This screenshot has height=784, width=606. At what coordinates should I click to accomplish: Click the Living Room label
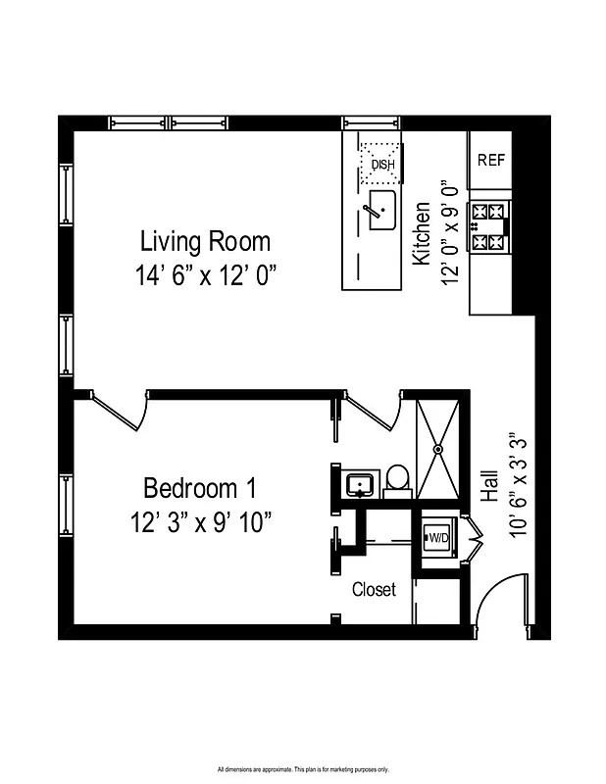205,240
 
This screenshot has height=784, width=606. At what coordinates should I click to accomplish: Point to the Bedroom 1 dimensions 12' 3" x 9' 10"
201,521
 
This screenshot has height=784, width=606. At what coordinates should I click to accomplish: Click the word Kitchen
422,234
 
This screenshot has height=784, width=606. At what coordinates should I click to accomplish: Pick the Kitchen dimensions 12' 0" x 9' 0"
451,233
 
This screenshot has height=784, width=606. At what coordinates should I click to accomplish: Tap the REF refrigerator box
491,160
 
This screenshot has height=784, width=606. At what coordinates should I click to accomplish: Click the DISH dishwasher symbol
382,161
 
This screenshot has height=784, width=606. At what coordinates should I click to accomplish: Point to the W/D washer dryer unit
435,537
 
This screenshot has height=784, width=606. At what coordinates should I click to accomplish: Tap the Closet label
375,589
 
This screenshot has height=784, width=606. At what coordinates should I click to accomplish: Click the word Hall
491,485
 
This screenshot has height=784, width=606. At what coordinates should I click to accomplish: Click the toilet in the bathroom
397,478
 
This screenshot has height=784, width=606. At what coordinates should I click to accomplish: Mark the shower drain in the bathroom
438,449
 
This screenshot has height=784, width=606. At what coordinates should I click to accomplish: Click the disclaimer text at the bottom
303,768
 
